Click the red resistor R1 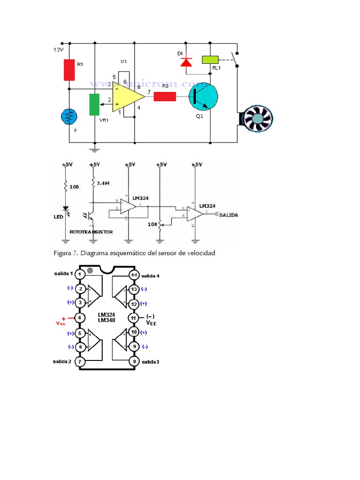pyautogui.click(x=69, y=69)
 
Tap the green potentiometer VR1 pyautogui.click(x=95, y=104)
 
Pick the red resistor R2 pyautogui.click(x=165, y=97)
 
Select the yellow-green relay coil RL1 pyautogui.click(x=210, y=60)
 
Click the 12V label pyautogui.click(x=58, y=49)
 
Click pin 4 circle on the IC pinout pyautogui.click(x=80, y=318)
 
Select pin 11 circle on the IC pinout pyautogui.click(x=133, y=318)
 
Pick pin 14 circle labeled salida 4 pyautogui.click(x=133, y=275)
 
